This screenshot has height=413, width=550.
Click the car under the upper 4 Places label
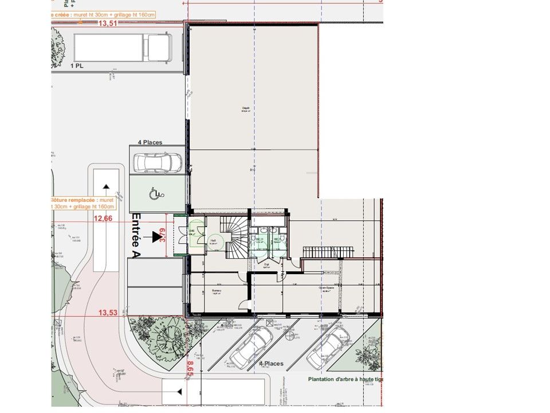(x=157, y=162)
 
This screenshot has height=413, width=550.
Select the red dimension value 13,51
(x=108, y=24)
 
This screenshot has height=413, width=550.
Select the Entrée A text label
(x=136, y=236)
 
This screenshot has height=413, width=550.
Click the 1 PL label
(x=77, y=67)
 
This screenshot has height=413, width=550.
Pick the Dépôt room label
(x=246, y=107)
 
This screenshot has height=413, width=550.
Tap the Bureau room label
(x=217, y=291)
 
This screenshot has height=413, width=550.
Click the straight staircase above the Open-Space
(x=326, y=252)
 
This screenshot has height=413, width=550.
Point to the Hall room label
(x=213, y=241)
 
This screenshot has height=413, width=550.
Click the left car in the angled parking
(x=251, y=347)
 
